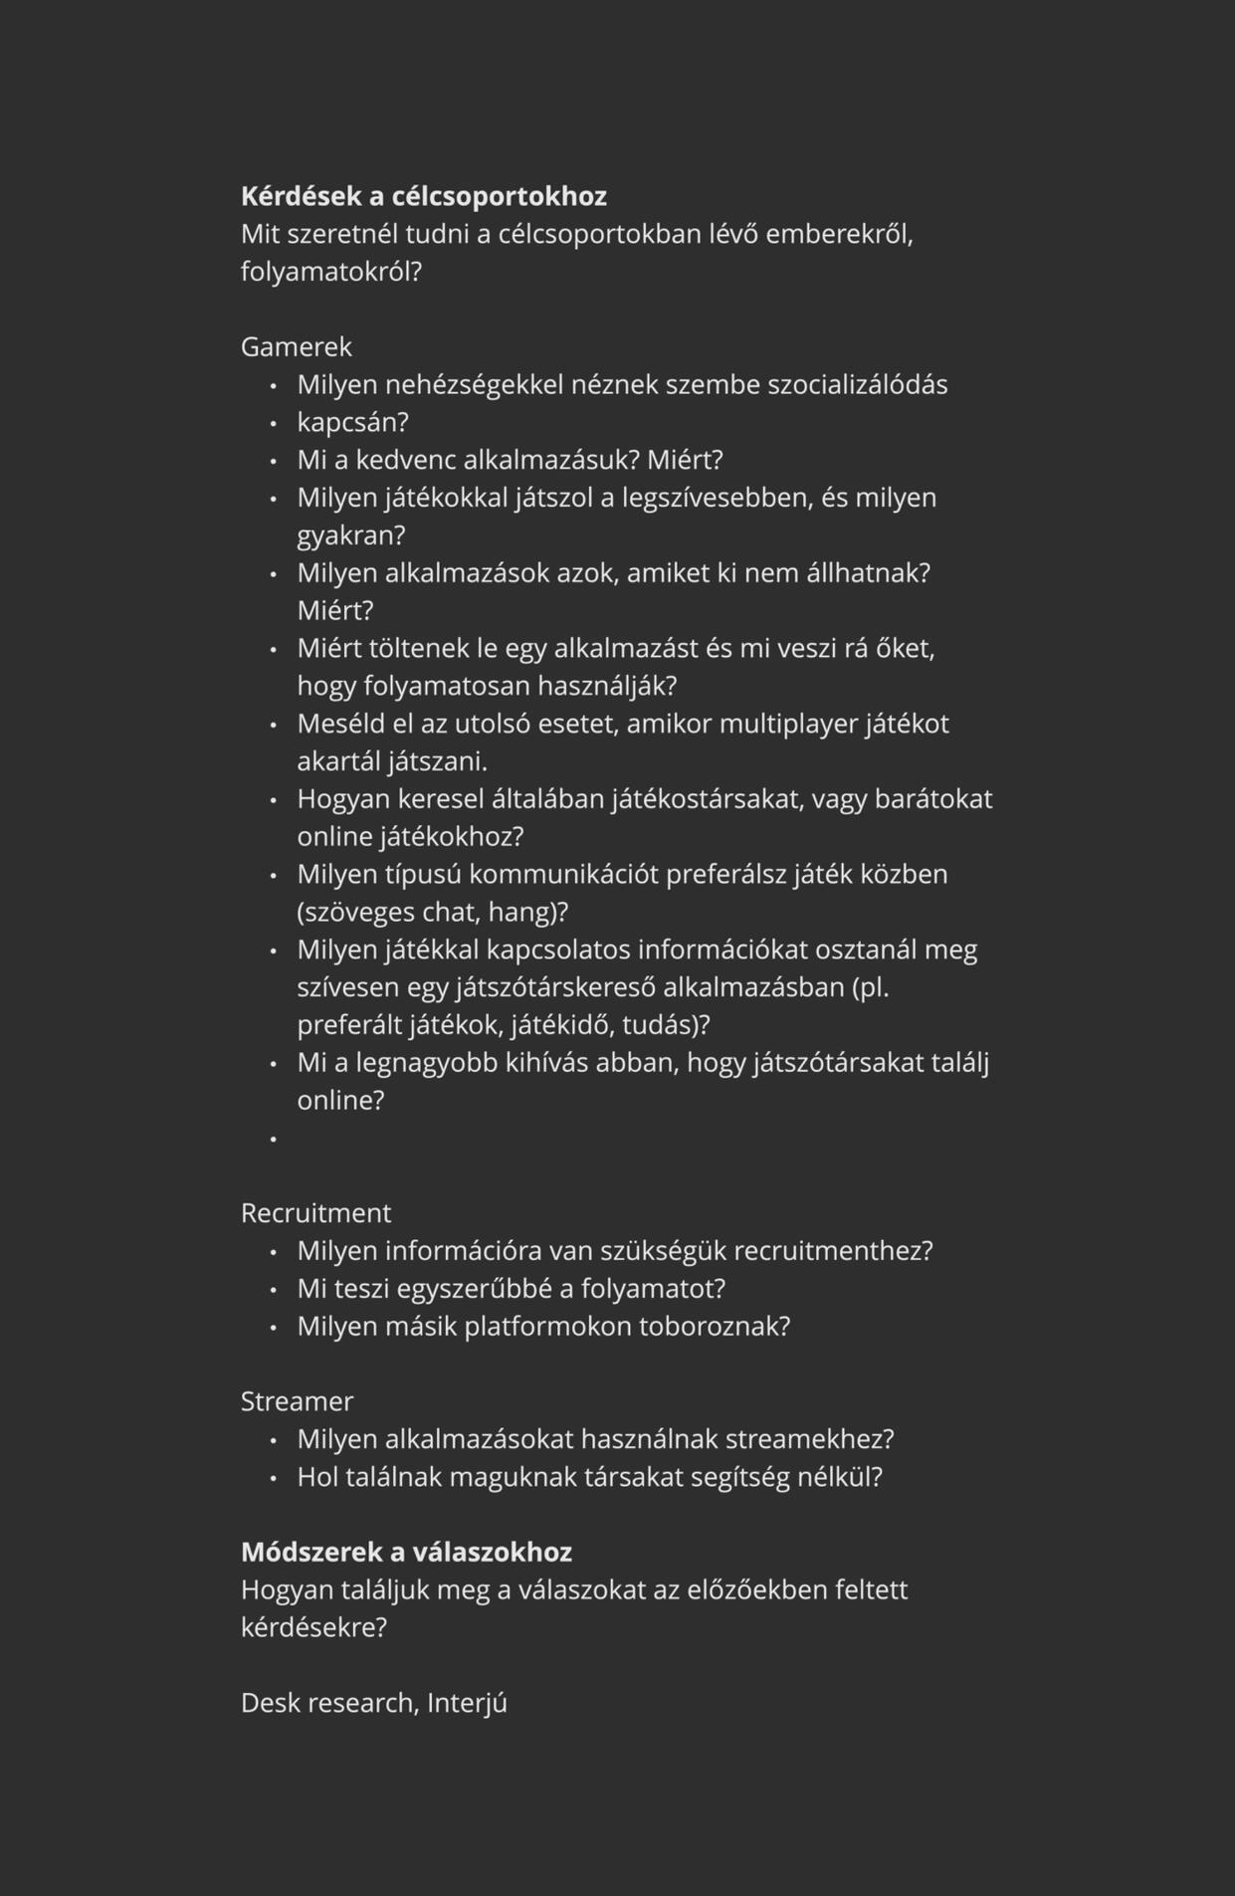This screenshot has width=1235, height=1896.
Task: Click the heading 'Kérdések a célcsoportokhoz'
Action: click(x=423, y=196)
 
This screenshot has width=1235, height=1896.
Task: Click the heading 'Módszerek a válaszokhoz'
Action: click(x=406, y=1552)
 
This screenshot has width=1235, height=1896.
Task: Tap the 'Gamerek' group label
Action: click(x=297, y=346)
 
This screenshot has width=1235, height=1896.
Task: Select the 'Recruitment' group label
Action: click(x=315, y=1212)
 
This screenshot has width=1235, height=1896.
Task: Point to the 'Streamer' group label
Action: click(x=297, y=1400)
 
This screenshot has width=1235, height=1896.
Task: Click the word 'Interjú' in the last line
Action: click(x=467, y=1703)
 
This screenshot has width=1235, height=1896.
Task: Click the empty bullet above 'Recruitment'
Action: click(x=273, y=1138)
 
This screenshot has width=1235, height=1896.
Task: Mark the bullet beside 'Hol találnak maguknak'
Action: click(x=273, y=1478)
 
